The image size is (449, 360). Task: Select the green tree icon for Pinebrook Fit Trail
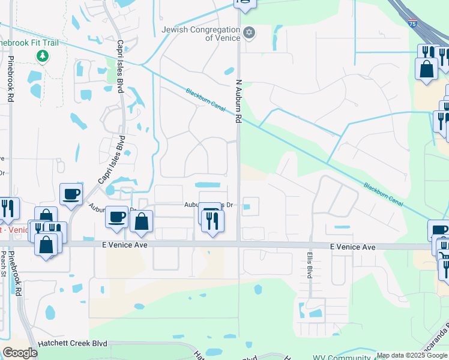point(42,56)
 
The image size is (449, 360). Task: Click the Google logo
point(19,352)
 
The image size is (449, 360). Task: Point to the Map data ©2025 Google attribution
point(412,355)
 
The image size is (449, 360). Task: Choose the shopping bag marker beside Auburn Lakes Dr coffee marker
point(141,221)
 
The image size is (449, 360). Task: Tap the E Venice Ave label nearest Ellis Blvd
point(353,247)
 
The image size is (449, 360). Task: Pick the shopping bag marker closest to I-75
point(426,68)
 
